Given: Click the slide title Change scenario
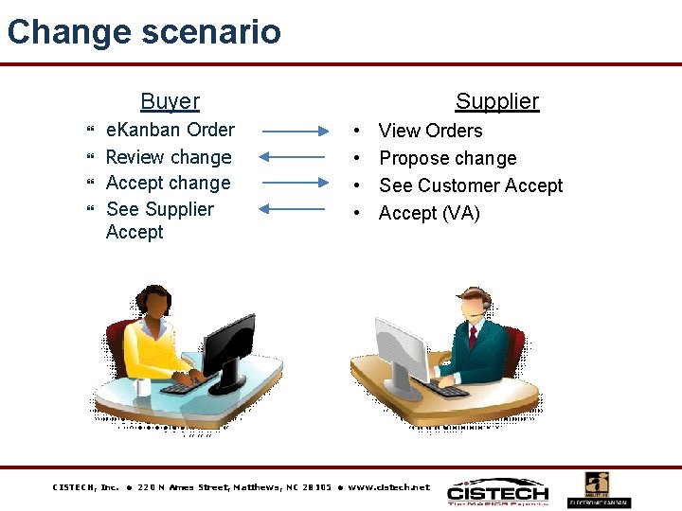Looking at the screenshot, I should (144, 31).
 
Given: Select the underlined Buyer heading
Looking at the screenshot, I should (170, 101).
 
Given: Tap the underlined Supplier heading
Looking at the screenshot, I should (496, 101).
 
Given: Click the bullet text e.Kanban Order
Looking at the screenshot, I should (170, 130).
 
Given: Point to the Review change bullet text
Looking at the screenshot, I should (169, 157).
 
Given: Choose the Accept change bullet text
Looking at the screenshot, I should (168, 183).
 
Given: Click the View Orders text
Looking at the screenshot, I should (430, 131).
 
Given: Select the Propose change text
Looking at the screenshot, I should (447, 158).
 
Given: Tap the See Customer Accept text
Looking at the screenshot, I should (471, 185).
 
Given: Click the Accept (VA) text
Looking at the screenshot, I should (429, 213).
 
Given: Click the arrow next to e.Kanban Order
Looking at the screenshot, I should (294, 132).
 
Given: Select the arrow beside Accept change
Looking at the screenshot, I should (294, 183).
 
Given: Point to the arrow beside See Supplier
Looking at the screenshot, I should (294, 209).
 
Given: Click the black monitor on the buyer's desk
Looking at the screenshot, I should (228, 344).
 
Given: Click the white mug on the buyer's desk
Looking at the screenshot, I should (143, 386).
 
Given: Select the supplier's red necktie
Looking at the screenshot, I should (473, 336).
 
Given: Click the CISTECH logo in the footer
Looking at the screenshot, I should (497, 492).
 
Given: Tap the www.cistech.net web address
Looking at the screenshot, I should (388, 487).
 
